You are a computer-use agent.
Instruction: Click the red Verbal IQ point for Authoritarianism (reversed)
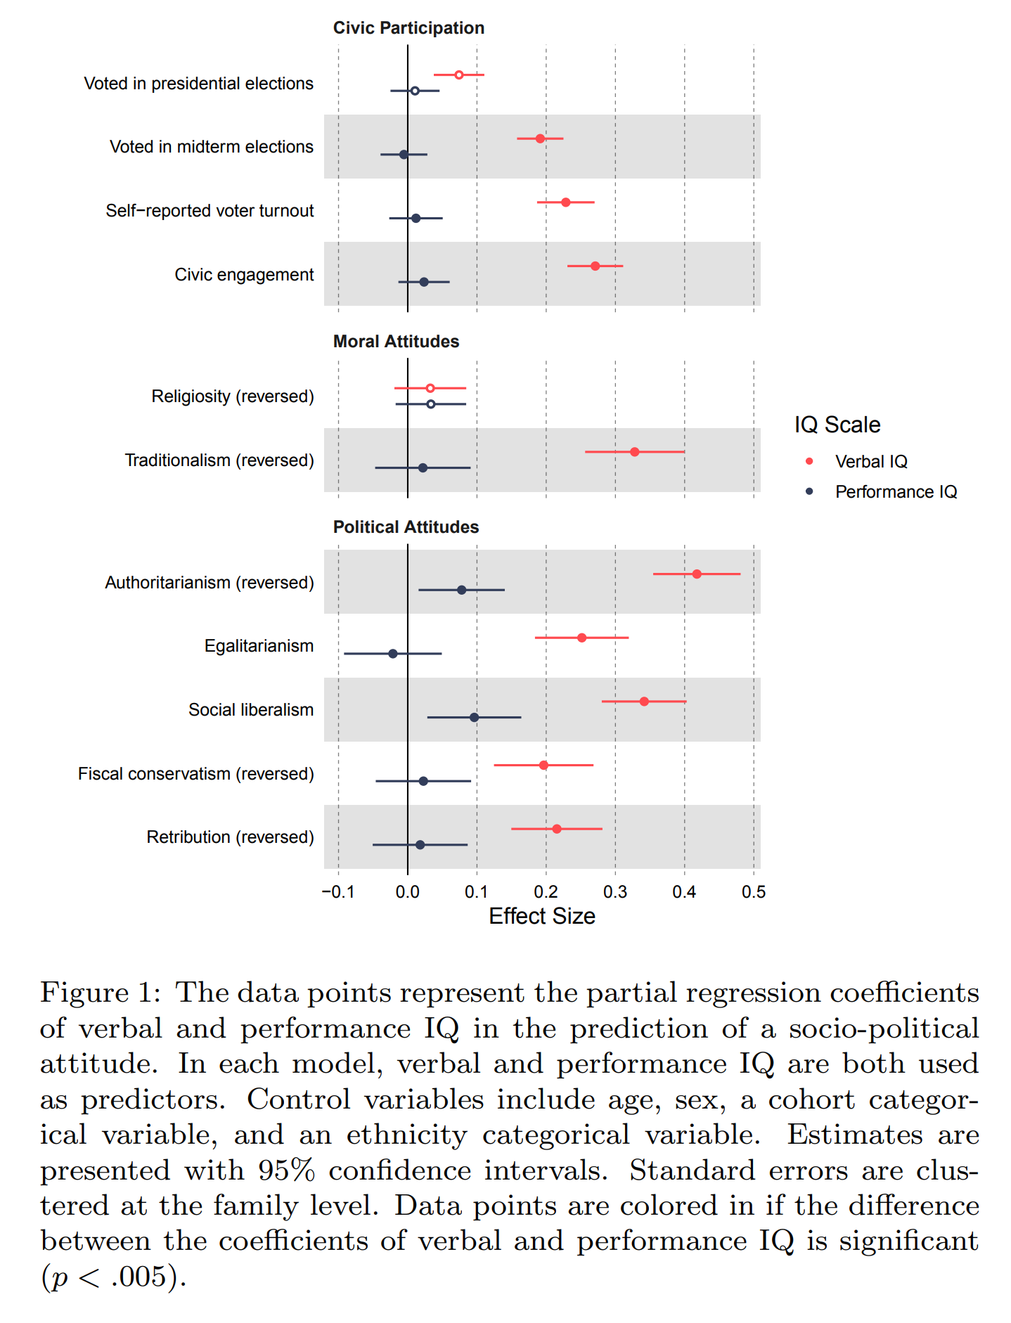[x=697, y=574]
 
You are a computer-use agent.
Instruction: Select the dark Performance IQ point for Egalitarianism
[x=393, y=654]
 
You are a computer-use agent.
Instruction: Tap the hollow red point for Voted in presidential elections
[x=458, y=75]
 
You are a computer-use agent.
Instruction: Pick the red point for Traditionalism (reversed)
[x=634, y=451]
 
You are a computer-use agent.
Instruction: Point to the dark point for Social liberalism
[x=474, y=717]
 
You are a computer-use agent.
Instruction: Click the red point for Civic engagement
[x=595, y=266]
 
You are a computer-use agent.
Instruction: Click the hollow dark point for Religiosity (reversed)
[x=431, y=404]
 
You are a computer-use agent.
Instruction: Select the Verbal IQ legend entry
[x=870, y=461]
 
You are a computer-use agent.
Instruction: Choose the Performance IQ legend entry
[x=896, y=491]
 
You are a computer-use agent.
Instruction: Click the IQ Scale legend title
[x=837, y=425]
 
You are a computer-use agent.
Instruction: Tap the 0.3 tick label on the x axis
[x=615, y=892]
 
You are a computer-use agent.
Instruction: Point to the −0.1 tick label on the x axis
[x=338, y=892]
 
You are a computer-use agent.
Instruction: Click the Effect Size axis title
[x=541, y=916]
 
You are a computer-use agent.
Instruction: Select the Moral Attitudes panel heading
[x=396, y=342]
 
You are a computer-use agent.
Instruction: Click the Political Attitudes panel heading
[x=406, y=527]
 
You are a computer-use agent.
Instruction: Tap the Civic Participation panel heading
[x=408, y=28]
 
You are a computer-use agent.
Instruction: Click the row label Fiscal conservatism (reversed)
[x=196, y=774]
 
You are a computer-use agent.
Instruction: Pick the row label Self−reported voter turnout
[x=210, y=211]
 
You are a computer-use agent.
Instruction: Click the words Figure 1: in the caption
[x=101, y=993]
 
